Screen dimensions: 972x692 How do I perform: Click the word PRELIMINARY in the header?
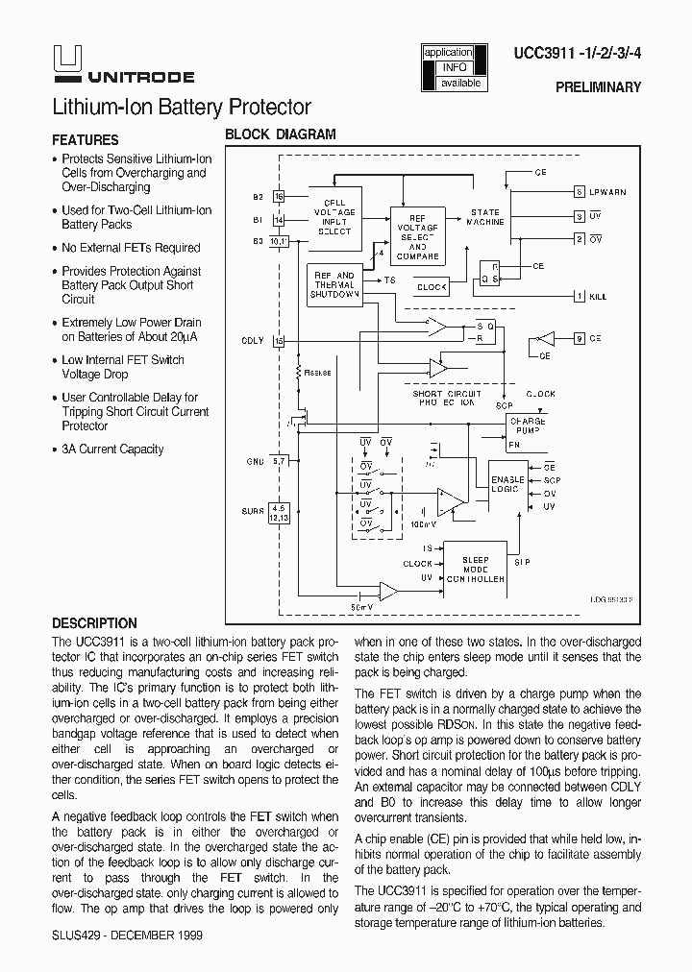pyautogui.click(x=598, y=87)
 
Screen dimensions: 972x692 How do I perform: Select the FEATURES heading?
pyautogui.click(x=86, y=139)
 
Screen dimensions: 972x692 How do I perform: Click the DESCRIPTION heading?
pyautogui.click(x=94, y=622)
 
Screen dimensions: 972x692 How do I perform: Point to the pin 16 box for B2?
pyautogui.click(x=279, y=196)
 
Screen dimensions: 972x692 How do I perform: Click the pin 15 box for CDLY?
pyautogui.click(x=279, y=340)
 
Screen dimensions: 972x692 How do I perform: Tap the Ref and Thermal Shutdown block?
pyautogui.click(x=334, y=284)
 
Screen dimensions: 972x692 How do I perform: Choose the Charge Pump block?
pyautogui.click(x=527, y=426)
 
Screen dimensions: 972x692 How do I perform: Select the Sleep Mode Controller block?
pyautogui.click(x=475, y=570)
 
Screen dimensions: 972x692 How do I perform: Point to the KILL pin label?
pyautogui.click(x=598, y=297)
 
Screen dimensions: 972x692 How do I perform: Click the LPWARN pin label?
pyautogui.click(x=606, y=192)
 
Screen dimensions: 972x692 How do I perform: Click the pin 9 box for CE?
pyautogui.click(x=579, y=338)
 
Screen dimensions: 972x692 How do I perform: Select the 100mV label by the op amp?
pyautogui.click(x=423, y=524)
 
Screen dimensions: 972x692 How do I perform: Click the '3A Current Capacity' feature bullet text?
pyautogui.click(x=112, y=450)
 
